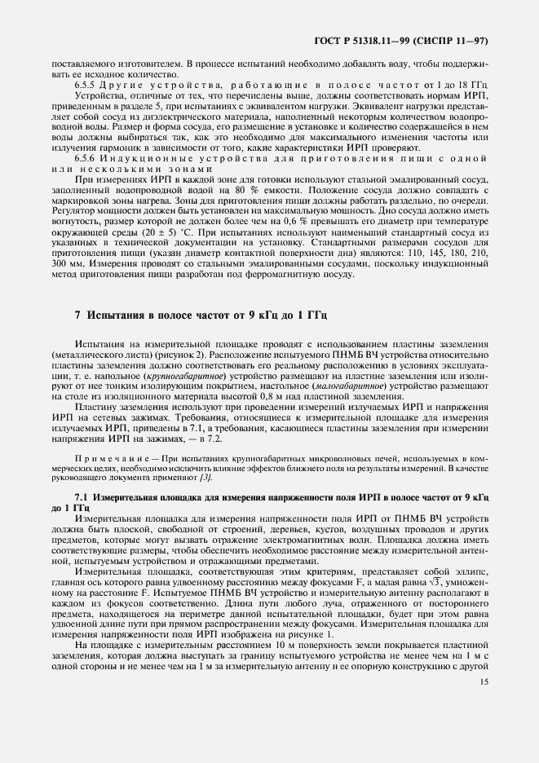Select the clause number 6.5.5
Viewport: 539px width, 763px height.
click(x=85, y=84)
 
